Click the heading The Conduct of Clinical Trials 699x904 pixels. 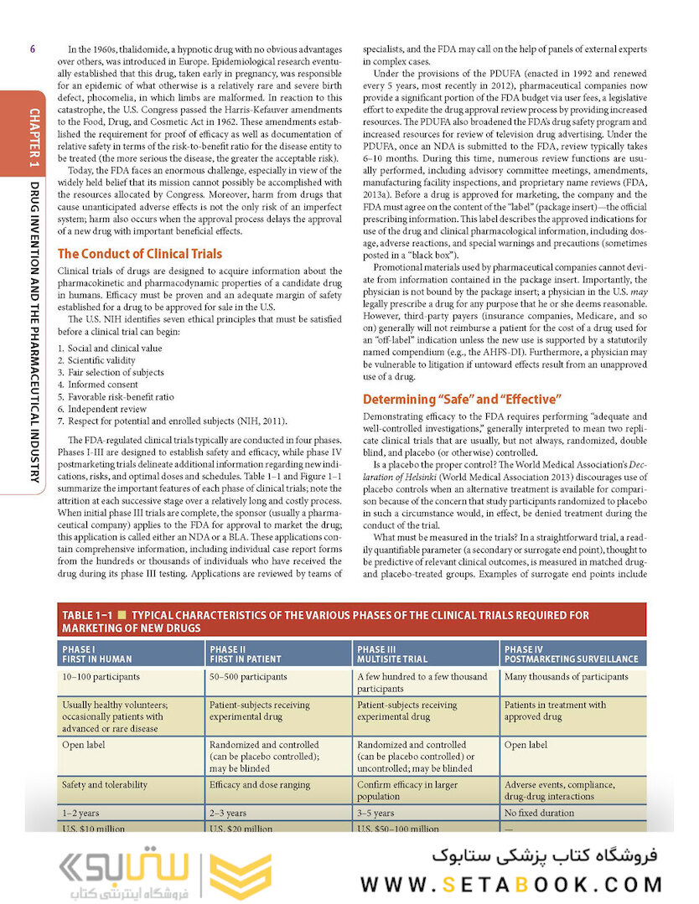(139, 254)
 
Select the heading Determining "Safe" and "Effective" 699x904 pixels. (461, 399)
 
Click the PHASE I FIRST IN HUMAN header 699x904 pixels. (96, 653)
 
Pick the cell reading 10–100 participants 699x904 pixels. (101, 677)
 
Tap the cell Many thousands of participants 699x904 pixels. (566, 677)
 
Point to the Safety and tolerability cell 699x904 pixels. (105, 785)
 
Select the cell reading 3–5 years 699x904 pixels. (375, 813)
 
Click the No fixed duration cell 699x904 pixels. (539, 813)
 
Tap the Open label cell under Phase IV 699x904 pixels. (526, 744)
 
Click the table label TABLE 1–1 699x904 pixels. (87, 616)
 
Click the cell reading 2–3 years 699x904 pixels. (228, 813)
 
